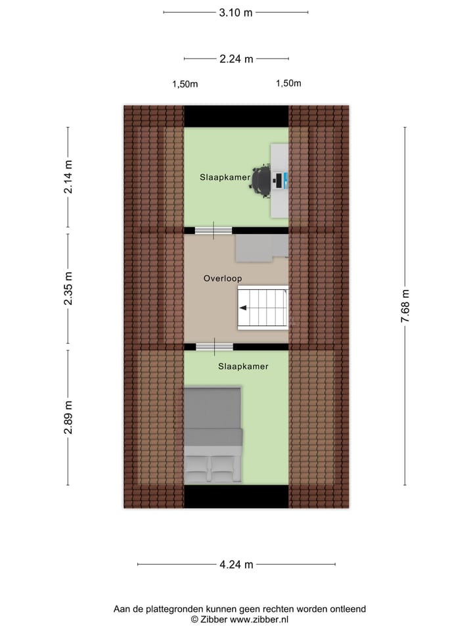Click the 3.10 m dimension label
(x=236, y=12)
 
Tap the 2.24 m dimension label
(x=236, y=59)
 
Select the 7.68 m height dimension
(x=405, y=306)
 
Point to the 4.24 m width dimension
(x=236, y=564)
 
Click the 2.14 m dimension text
(x=68, y=177)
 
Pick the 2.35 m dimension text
(x=68, y=289)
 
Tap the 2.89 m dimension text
(x=68, y=417)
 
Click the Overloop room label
(x=223, y=279)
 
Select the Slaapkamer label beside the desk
(x=225, y=177)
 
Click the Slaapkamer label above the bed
(x=243, y=367)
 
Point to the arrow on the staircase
(x=242, y=308)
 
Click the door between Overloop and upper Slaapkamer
(x=214, y=230)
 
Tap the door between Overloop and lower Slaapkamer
(x=214, y=346)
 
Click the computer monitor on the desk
(x=279, y=179)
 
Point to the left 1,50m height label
(x=185, y=84)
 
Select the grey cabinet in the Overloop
(x=255, y=248)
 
